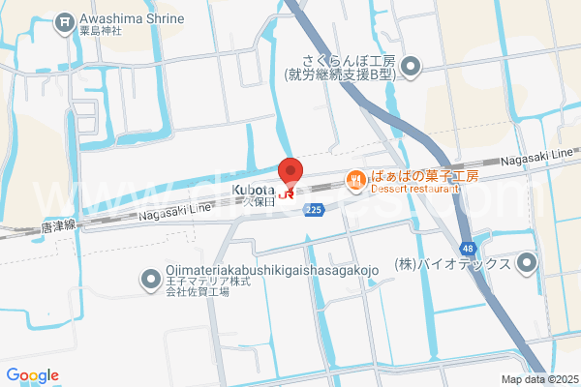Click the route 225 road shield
pos(313,210)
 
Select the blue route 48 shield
pos(467,248)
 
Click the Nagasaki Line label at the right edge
pos(539,156)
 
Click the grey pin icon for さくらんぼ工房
pos(410,66)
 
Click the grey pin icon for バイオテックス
pos(527,261)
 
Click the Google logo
pos(32,375)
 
